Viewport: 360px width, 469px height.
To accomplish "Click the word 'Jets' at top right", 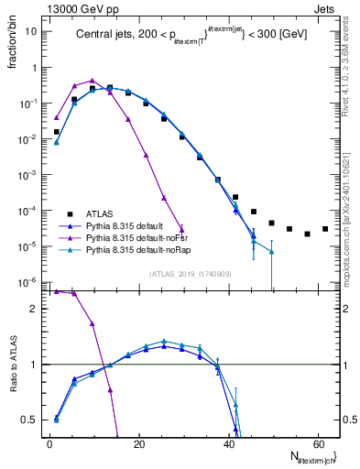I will [325, 7].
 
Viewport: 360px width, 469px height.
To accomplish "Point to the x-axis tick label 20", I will [138, 443].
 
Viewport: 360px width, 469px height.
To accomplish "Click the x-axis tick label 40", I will [228, 443].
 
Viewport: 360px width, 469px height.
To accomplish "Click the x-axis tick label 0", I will [49, 443].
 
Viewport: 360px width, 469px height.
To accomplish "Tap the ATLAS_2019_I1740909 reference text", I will [189, 274].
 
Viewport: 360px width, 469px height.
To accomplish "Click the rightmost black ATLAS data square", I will [325, 229].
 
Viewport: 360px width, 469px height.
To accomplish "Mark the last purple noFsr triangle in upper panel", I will [181, 231].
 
